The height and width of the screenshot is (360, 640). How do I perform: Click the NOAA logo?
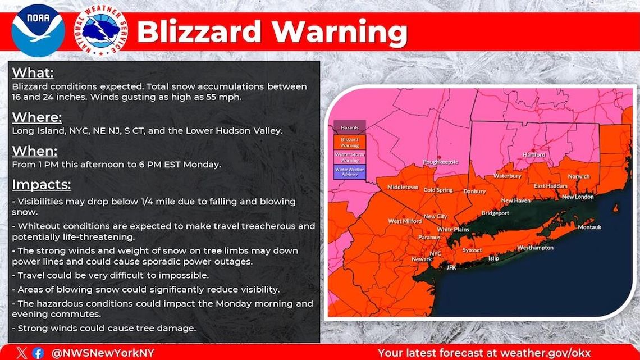tap(38, 30)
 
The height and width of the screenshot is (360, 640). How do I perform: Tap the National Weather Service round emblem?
tap(100, 30)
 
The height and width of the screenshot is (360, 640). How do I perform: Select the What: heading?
tap(33, 73)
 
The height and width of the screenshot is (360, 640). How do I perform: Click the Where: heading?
tap(36, 117)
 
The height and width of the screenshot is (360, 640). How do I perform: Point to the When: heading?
tap(34, 151)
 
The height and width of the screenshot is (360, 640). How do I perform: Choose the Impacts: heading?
tap(42, 185)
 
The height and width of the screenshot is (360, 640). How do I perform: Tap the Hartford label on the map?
tap(533, 155)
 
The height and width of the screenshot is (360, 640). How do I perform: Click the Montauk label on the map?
tap(589, 227)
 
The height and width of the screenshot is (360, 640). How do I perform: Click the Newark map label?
tap(421, 259)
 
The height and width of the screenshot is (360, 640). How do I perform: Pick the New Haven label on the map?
tap(515, 200)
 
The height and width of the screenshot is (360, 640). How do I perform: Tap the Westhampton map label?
tap(535, 247)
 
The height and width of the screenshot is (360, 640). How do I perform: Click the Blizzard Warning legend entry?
tap(349, 143)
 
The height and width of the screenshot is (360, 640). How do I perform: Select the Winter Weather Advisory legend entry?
tap(349, 171)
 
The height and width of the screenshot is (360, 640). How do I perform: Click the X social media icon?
tap(21, 353)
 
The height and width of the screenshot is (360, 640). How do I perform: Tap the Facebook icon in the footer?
tap(38, 353)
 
